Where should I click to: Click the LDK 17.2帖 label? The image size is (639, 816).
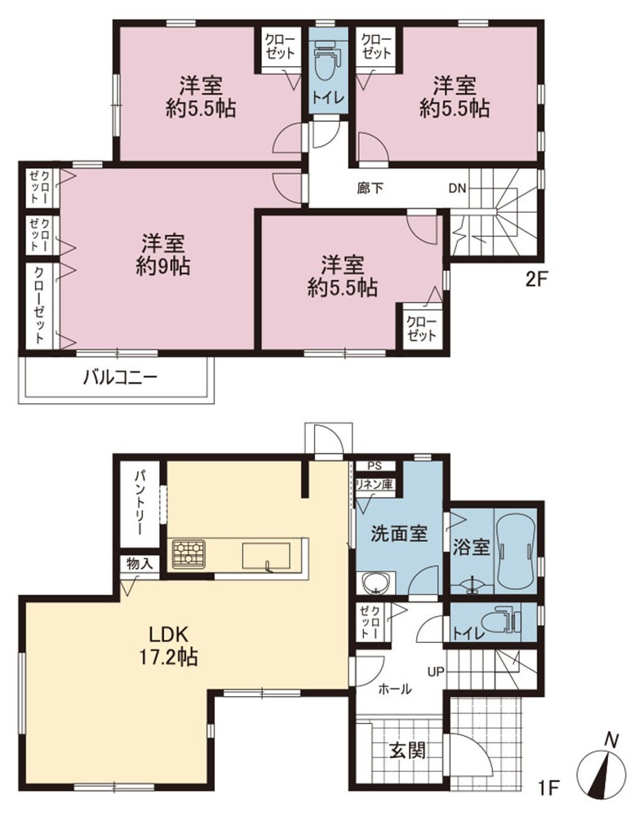tap(167, 645)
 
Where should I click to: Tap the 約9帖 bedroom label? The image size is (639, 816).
tap(163, 255)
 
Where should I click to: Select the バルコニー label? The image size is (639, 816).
tap(120, 377)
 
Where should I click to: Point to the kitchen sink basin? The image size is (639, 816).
tap(266, 556)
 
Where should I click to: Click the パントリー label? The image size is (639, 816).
tap(140, 502)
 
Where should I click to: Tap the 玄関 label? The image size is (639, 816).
tap(408, 750)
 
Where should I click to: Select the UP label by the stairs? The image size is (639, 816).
tap(436, 672)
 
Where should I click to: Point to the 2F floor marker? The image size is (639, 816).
tap(536, 280)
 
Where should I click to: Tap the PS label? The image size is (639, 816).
tap(375, 466)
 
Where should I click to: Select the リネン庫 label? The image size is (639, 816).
tap(374, 484)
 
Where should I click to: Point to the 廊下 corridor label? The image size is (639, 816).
tap(370, 188)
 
